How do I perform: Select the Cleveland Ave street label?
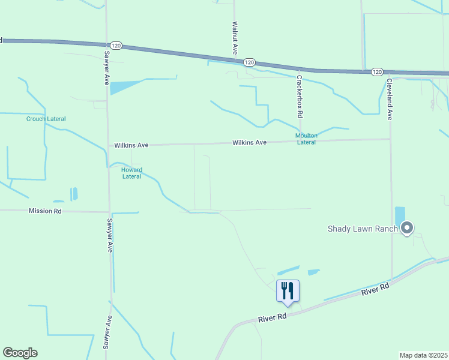(x=389, y=99)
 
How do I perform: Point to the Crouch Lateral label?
(x=46, y=119)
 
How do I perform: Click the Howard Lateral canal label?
(x=131, y=173)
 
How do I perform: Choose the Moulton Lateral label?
(x=306, y=139)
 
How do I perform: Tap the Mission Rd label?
(x=45, y=211)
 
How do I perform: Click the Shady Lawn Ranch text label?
(x=363, y=229)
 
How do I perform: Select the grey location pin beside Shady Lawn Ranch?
(x=408, y=228)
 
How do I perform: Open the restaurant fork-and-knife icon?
(x=288, y=290)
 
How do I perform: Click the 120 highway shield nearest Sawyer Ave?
(x=116, y=46)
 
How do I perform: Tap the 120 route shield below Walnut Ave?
(x=250, y=62)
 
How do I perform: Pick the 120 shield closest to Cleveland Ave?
(x=376, y=71)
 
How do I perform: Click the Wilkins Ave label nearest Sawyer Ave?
(x=131, y=145)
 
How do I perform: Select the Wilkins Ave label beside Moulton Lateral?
(x=250, y=143)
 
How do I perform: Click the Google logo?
(x=20, y=353)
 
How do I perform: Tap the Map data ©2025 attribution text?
(x=423, y=355)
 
